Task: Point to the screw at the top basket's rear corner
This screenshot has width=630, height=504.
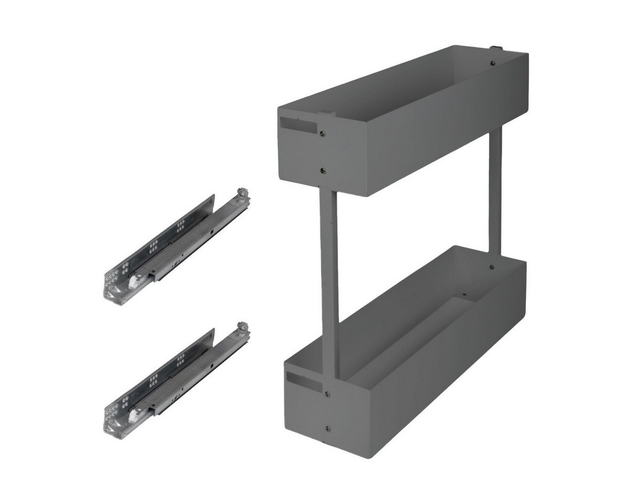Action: [492, 64]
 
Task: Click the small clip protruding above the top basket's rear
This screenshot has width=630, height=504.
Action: [496, 49]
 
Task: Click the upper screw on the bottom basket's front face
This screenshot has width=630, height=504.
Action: [327, 394]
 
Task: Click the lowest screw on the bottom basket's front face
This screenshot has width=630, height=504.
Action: [328, 428]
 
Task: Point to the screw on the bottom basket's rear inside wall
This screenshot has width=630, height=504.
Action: [491, 267]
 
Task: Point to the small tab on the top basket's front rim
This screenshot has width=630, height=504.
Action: [326, 113]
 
